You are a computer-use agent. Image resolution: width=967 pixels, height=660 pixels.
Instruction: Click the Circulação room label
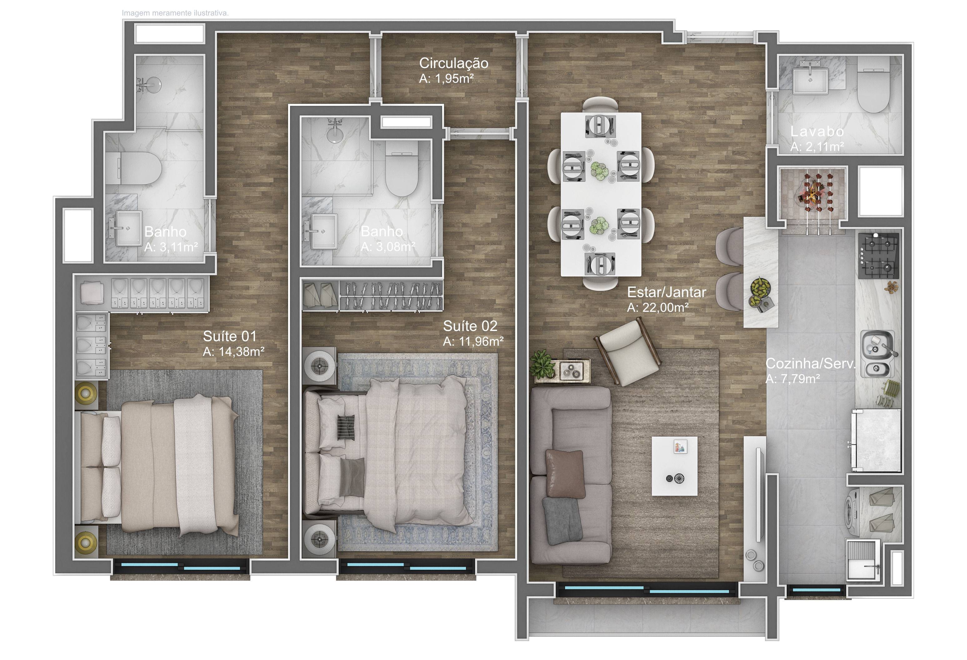pos(454,63)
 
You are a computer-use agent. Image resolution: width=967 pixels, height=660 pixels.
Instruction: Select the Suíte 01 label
pos(230,336)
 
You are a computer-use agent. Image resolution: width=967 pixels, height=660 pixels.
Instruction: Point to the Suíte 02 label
pos(470,326)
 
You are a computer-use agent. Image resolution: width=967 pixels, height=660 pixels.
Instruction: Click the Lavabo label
pos(817,131)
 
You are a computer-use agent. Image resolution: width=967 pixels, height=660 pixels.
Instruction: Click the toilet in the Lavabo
pos(873,85)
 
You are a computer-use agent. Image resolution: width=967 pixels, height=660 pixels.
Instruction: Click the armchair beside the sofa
pos(629,352)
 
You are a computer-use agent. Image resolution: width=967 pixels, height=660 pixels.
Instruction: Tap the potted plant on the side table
pos(542,364)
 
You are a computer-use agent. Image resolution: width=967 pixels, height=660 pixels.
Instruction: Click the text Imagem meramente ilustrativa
pos(175,13)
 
